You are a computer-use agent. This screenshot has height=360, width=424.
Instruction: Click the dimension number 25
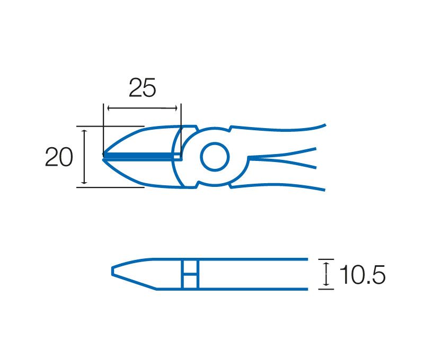(x=142, y=87)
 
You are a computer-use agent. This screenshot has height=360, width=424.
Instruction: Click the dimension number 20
(x=59, y=157)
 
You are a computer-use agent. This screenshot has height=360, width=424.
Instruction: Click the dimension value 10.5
(x=363, y=274)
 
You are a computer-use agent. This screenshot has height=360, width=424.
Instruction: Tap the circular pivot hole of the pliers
(x=215, y=157)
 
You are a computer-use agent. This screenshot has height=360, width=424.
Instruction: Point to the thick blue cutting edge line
(x=139, y=155)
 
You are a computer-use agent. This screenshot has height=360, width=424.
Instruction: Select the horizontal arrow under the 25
(x=142, y=109)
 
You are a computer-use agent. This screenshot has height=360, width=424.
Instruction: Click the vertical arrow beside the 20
(x=84, y=157)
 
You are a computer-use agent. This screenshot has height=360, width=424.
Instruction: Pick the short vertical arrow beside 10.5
(x=326, y=274)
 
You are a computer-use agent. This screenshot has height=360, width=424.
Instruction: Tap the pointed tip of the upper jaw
(x=103, y=154)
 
